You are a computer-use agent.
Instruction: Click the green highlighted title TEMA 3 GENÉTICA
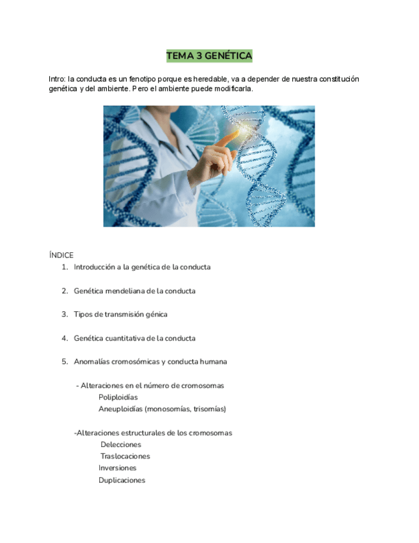(209, 56)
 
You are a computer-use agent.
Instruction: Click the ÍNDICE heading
(61, 255)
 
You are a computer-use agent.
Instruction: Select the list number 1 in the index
(65, 267)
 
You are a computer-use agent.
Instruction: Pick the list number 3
(65, 314)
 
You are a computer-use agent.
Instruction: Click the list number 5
(65, 362)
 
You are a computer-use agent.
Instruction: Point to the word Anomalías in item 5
(91, 362)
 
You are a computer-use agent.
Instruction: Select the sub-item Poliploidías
(118, 397)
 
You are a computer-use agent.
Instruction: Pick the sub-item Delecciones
(121, 444)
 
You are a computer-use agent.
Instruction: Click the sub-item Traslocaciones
(125, 457)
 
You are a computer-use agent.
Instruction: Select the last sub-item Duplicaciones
(122, 480)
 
